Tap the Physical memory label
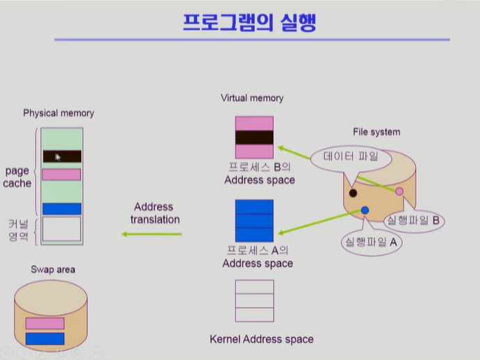click(x=58, y=113)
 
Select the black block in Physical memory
click(x=62, y=157)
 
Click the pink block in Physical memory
click(x=62, y=174)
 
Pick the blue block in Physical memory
click(x=62, y=208)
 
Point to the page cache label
click(x=18, y=177)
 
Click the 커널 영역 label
click(x=18, y=229)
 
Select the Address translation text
click(x=154, y=213)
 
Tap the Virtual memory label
click(x=252, y=99)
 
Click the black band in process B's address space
click(x=254, y=138)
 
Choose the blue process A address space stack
click(x=254, y=220)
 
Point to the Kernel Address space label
click(x=261, y=339)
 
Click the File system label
click(x=376, y=132)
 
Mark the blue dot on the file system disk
click(x=365, y=210)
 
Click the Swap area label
click(x=53, y=270)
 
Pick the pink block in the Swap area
click(x=44, y=323)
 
